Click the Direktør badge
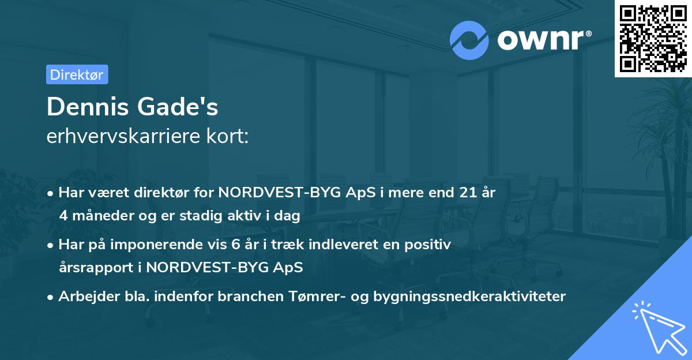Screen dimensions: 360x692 [77, 74]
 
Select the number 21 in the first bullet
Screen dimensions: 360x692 [462, 193]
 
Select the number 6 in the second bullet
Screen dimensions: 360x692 [235, 245]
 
